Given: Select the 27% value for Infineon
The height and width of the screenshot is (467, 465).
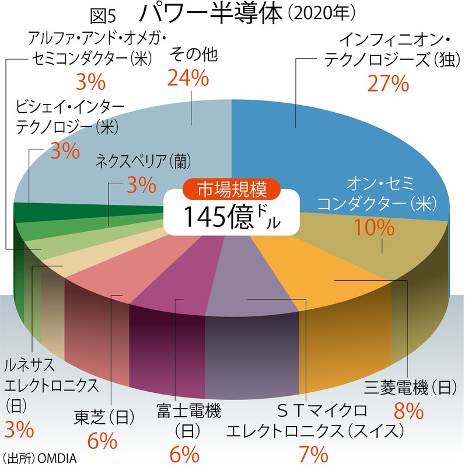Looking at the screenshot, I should [x=386, y=83].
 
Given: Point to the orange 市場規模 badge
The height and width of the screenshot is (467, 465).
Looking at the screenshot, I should [x=232, y=190].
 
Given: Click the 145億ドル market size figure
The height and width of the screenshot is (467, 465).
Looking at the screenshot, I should [x=232, y=217].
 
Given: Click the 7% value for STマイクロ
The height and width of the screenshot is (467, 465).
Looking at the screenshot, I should [x=314, y=454].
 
